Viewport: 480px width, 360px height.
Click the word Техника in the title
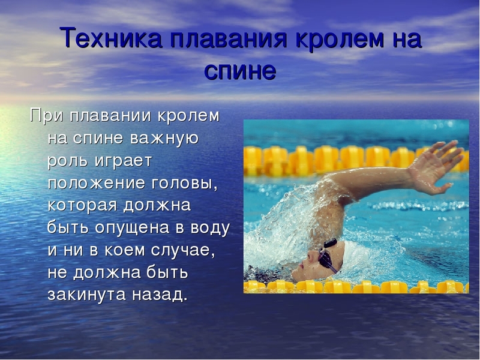coord(112,38)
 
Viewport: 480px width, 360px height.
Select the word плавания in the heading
coord(229,38)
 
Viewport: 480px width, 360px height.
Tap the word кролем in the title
coord(339,38)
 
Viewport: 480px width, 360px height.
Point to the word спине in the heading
coord(240,71)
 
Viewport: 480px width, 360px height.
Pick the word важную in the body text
coord(164,139)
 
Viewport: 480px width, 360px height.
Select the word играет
coord(123,161)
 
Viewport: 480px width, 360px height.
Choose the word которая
coord(82,206)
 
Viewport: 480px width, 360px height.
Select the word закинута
coord(86,295)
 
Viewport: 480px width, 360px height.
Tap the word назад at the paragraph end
coord(160,295)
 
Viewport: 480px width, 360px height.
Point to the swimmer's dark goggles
coord(327,257)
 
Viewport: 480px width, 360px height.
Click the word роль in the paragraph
coord(67,161)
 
